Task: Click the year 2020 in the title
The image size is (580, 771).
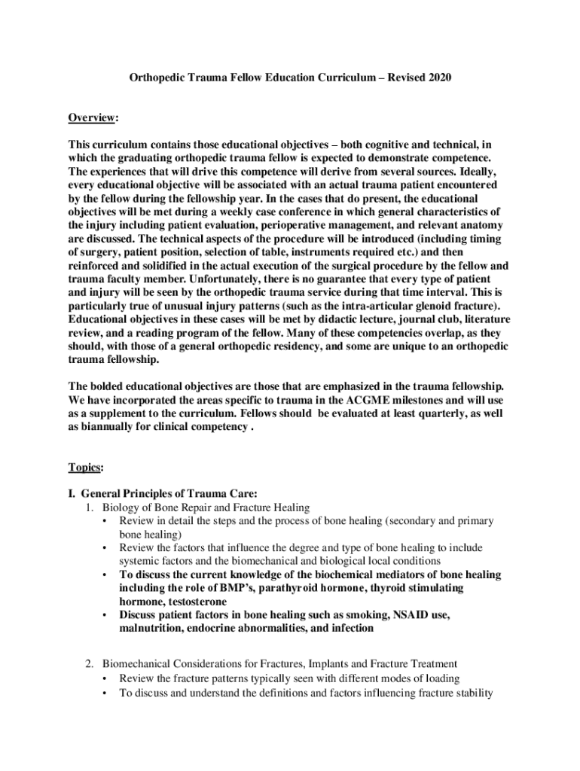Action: click(438, 78)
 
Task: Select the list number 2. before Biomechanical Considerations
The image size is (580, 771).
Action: click(89, 664)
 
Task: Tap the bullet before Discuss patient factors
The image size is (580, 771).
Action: click(103, 615)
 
